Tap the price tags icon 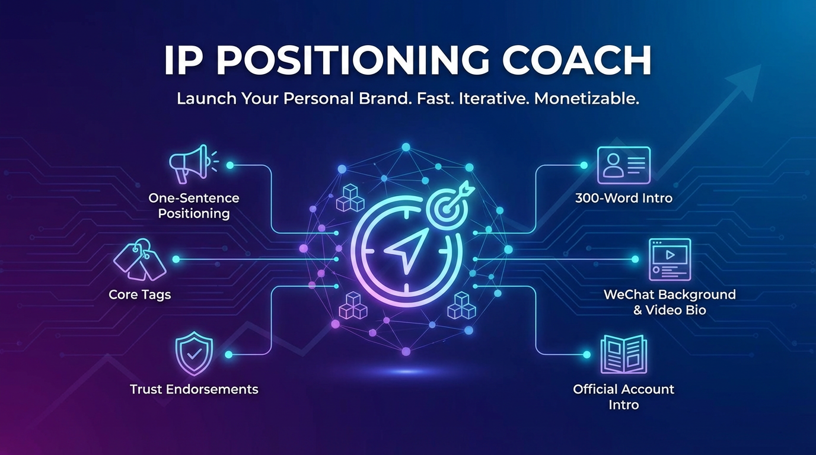140,259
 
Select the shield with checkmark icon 194,353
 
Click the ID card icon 624,165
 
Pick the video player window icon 670,259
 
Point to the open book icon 624,354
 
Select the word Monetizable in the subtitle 586,99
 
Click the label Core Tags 140,294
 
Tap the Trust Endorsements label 194,389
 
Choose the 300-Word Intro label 624,198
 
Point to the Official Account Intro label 624,397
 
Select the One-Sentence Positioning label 194,206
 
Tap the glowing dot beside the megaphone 230,165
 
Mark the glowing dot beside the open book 586,354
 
